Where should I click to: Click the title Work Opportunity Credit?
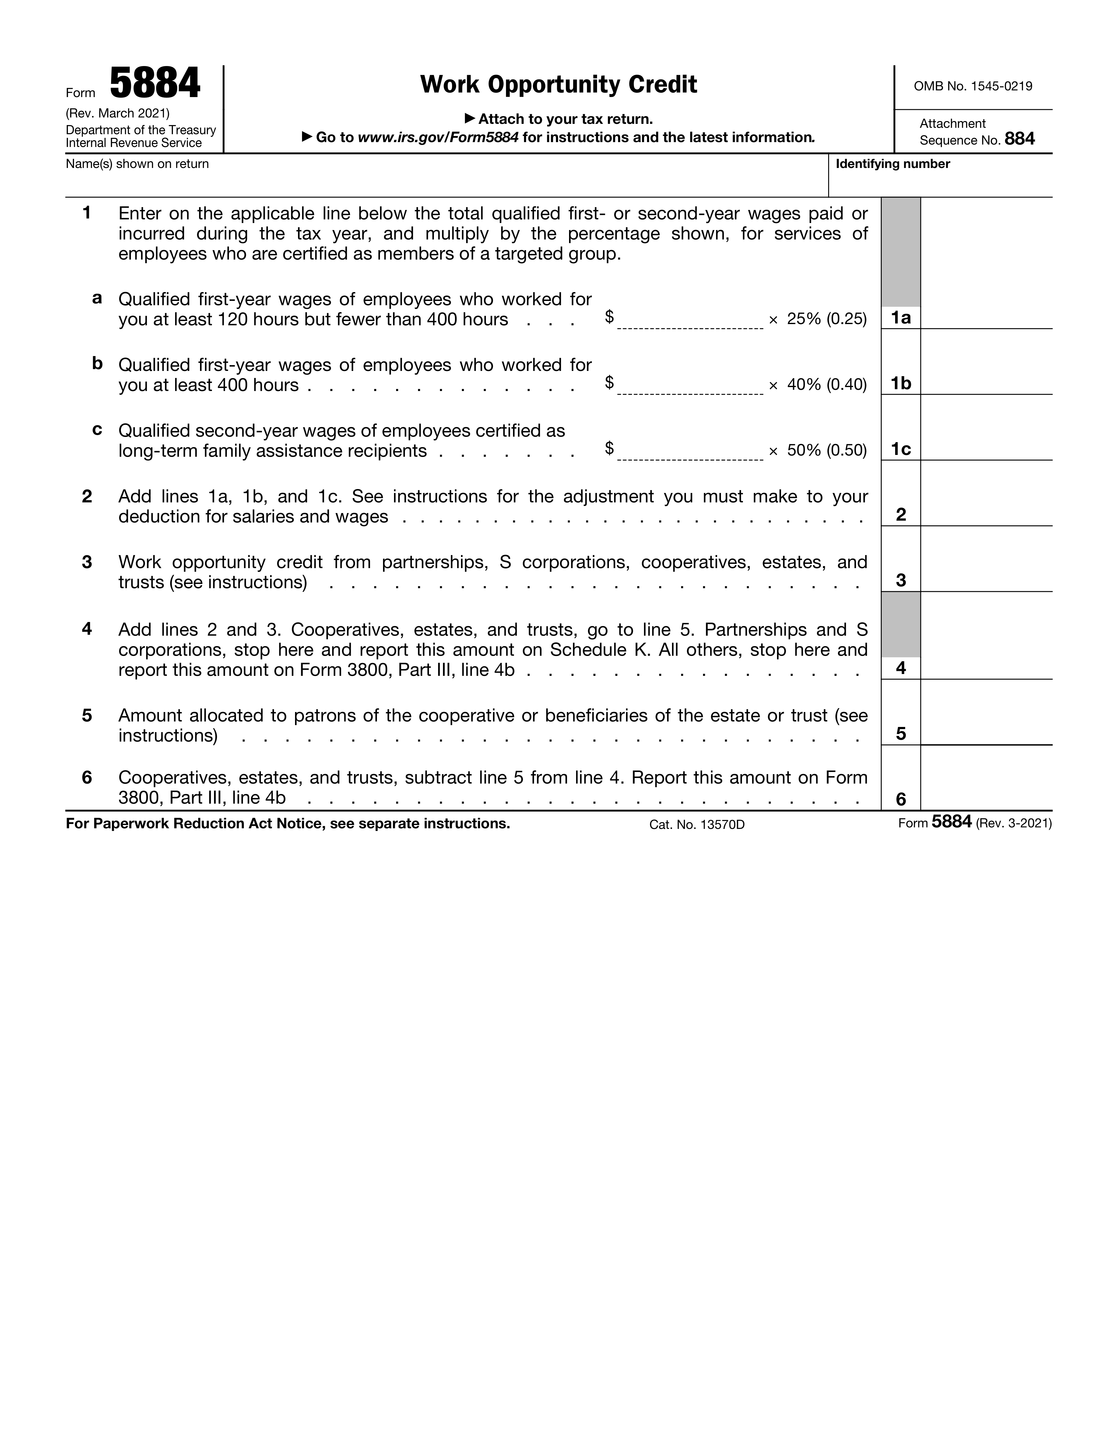coord(558,85)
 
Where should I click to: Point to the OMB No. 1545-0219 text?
coord(972,86)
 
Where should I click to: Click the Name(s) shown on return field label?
coord(137,164)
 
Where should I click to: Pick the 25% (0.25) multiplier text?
coord(827,319)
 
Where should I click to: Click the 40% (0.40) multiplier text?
coord(827,385)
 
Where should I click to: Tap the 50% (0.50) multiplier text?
coord(827,450)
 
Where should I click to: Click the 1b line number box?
coord(901,383)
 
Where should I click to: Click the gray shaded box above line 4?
coord(901,624)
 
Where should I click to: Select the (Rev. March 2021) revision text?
coord(118,113)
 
